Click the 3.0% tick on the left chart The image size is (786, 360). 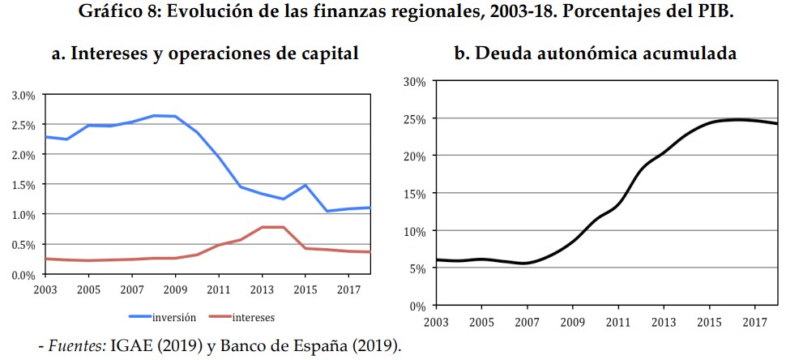tap(23, 95)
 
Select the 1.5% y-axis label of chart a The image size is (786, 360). tap(23, 185)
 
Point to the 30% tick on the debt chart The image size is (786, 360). tap(414, 82)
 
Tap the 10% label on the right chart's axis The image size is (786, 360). tap(414, 231)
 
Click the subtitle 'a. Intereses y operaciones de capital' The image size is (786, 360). tap(205, 54)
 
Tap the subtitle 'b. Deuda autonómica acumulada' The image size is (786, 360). tap(595, 54)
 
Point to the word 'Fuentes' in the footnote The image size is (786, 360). tap(78, 346)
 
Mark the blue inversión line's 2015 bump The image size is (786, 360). tap(305, 185)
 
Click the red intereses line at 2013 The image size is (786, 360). tap(261, 227)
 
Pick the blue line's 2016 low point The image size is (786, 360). tap(327, 211)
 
